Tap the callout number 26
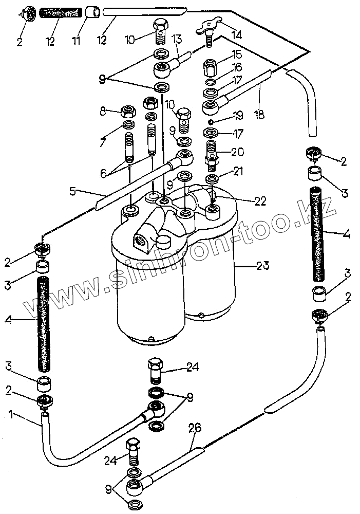point(195,428)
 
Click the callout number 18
point(259,115)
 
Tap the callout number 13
point(176,40)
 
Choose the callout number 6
point(104,174)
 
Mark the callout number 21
point(237,171)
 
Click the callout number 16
point(237,67)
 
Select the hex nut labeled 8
point(127,111)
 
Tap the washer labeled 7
point(128,126)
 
